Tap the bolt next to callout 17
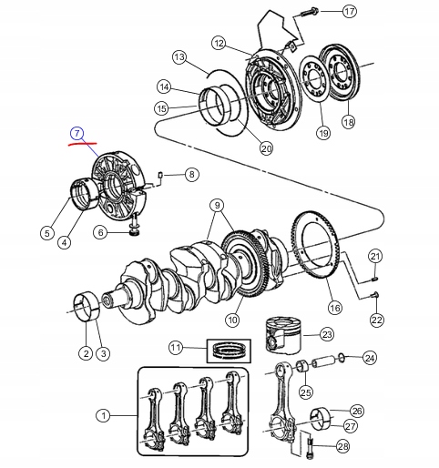tap(303, 12)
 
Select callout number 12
tap(219, 43)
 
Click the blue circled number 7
tap(78, 134)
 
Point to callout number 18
tap(347, 121)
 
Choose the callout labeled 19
tap(322, 133)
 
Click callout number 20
tap(266, 149)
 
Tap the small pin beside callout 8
tap(160, 175)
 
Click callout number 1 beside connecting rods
tap(104, 416)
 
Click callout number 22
tap(376, 320)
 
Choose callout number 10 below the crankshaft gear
tap(232, 320)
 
